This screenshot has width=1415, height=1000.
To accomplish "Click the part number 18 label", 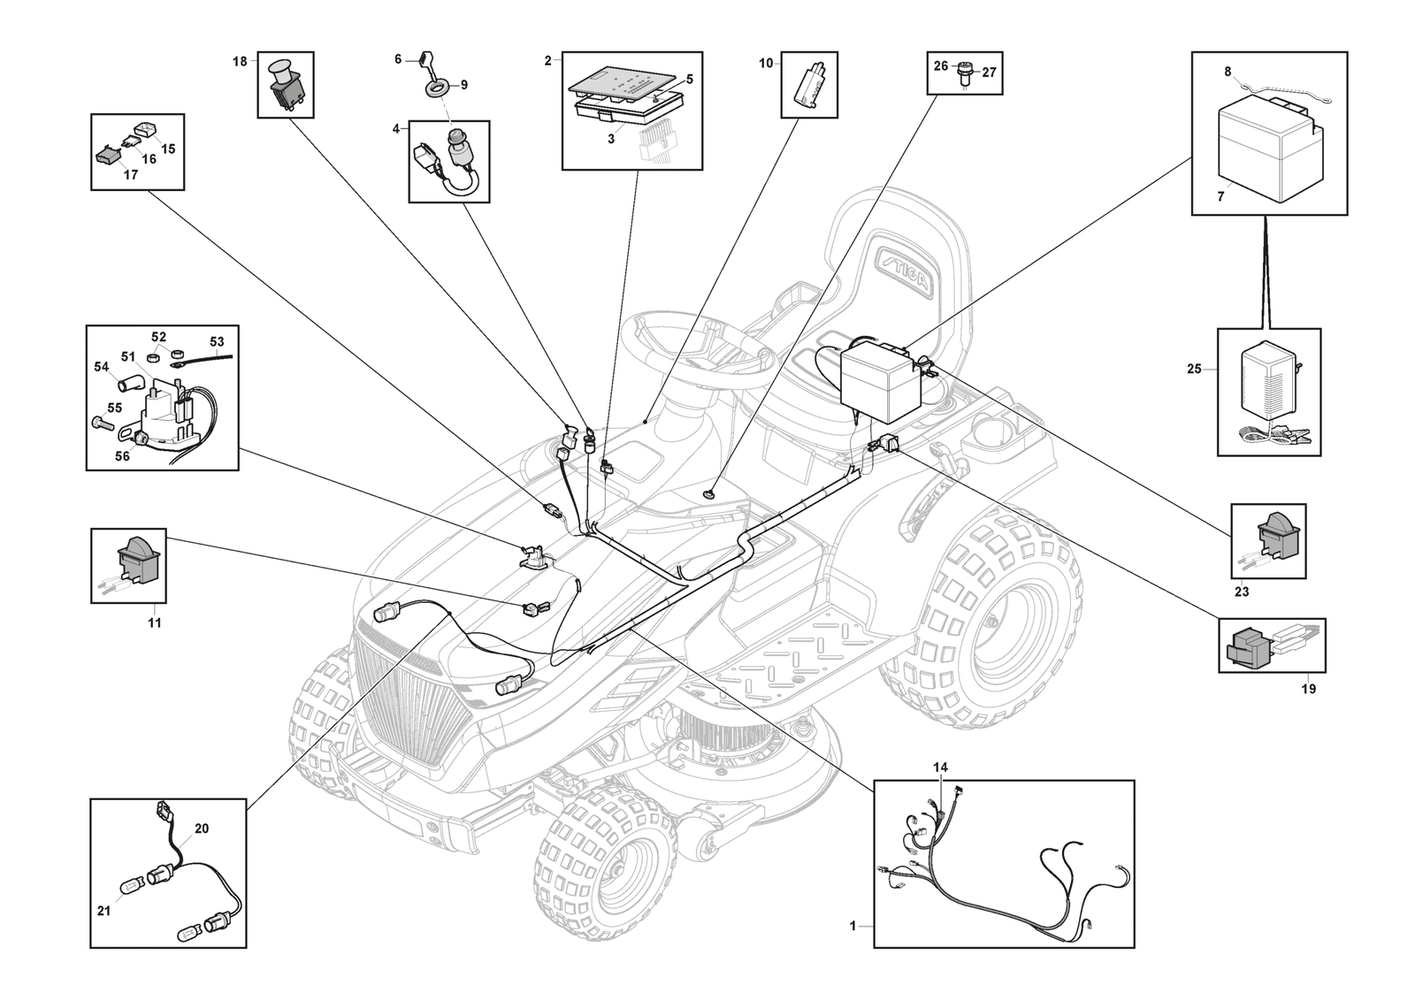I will point(240,61).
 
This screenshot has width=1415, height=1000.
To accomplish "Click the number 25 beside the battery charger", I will point(1194,369).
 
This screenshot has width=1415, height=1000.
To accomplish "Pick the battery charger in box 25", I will point(1271,380).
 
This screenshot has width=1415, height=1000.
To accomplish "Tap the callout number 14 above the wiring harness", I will point(940,767).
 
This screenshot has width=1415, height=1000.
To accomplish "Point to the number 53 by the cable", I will point(217,341).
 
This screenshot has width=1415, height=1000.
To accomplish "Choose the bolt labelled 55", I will point(99,424).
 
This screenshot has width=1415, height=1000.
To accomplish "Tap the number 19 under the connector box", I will point(1308,689).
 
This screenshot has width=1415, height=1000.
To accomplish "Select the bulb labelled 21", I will point(128,883).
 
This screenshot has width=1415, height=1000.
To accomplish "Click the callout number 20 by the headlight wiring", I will point(202,828).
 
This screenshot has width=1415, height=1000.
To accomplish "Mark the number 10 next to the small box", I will point(766,63).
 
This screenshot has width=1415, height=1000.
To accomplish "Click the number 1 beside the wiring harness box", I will point(853,926).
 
